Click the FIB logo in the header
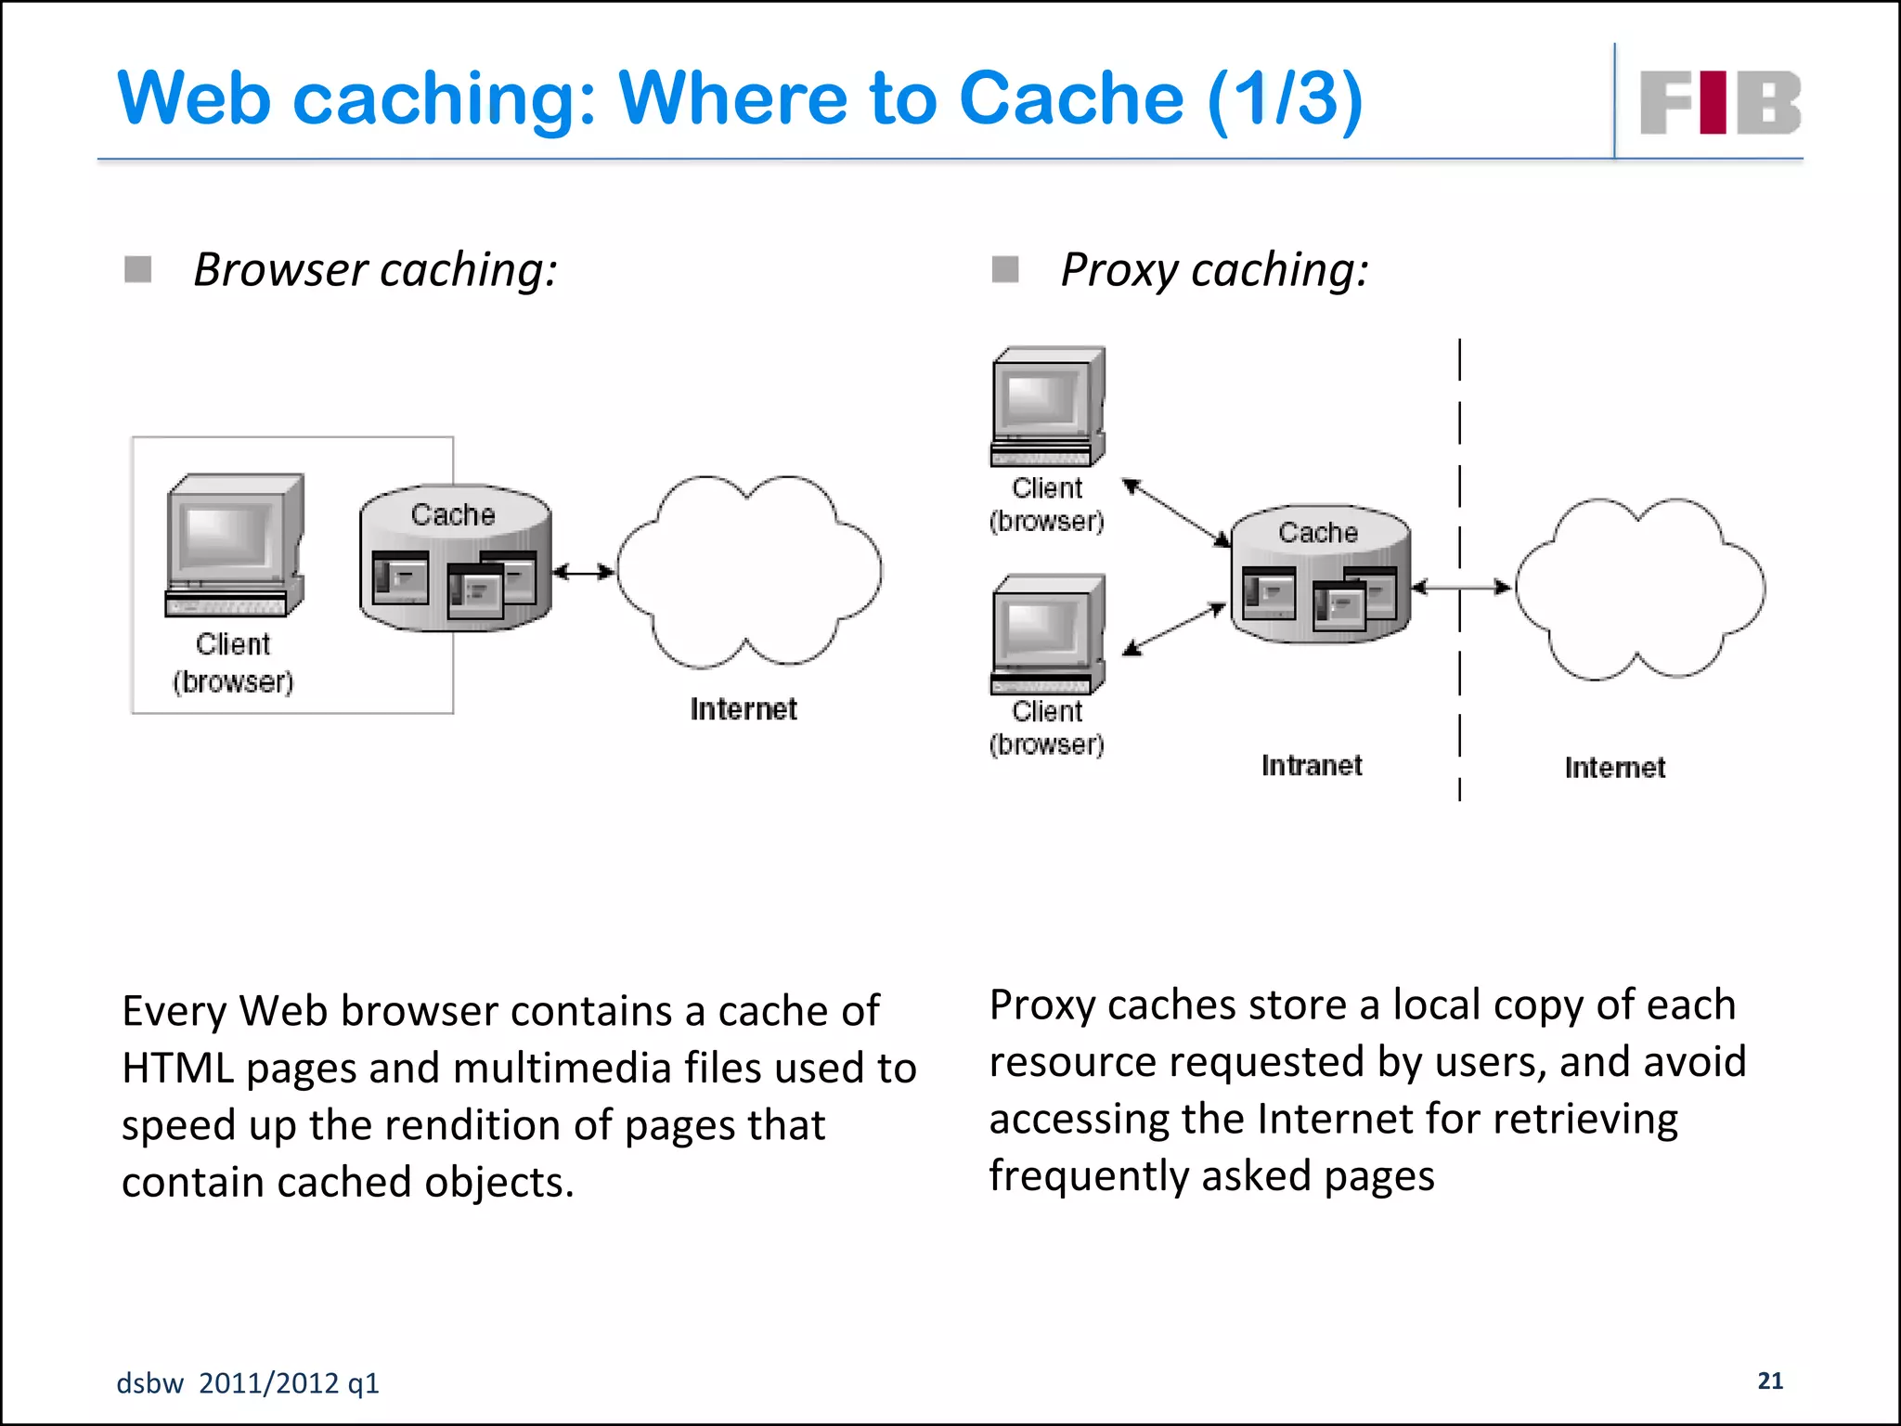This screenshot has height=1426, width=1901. coord(1720,102)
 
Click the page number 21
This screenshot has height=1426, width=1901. coord(1770,1381)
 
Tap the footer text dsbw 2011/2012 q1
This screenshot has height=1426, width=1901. coord(248,1383)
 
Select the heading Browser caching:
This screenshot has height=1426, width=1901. coord(375,270)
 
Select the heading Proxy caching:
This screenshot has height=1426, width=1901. coord(1214,270)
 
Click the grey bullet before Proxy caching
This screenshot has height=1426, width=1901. coord(1005,270)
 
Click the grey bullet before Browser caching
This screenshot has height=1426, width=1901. coord(138,270)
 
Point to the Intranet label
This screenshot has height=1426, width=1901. coord(1311,766)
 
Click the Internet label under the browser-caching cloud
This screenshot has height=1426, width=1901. coord(743,709)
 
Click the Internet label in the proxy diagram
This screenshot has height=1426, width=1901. coord(1614,768)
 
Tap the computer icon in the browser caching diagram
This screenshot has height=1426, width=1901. coord(235,545)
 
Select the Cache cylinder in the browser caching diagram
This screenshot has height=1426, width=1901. coord(455,559)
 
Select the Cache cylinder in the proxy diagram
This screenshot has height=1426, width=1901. coord(1320,576)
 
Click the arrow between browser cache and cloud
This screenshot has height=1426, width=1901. coord(584,572)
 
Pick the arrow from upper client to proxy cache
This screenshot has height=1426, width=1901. coord(1176,512)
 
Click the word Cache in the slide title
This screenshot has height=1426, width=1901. coord(1071,98)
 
